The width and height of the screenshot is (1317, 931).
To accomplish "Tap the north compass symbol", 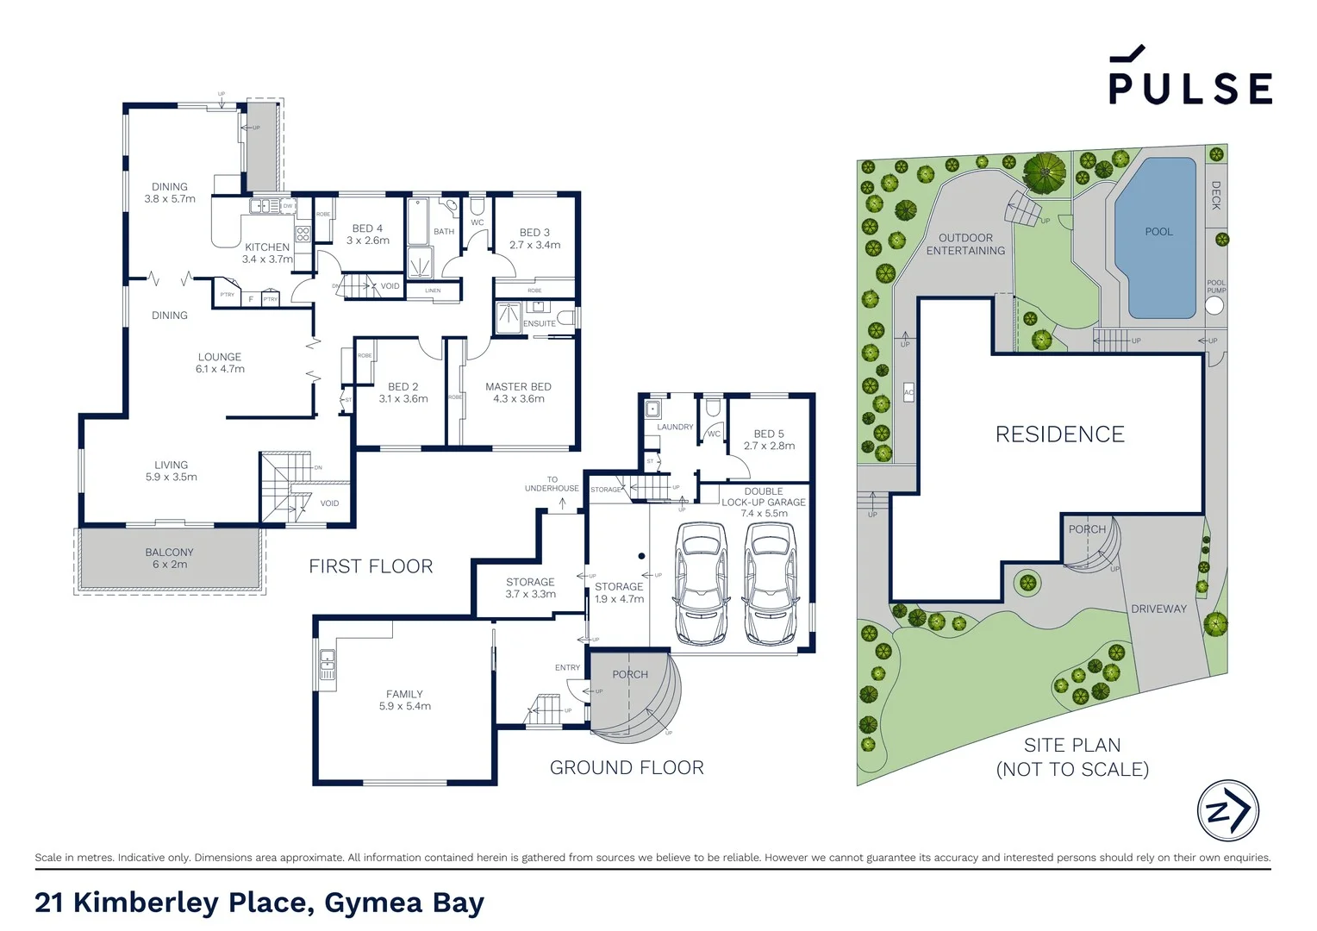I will pyautogui.click(x=1227, y=810).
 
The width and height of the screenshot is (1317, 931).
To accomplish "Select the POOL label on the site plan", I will pyautogui.click(x=1158, y=232).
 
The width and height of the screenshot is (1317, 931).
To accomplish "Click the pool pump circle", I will pyautogui.click(x=1214, y=305).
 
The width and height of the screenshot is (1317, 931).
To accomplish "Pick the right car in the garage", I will pyautogui.click(x=770, y=584).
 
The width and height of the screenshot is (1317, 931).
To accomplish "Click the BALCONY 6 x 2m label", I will pyautogui.click(x=170, y=559).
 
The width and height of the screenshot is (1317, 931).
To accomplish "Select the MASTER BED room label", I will pyautogui.click(x=518, y=392).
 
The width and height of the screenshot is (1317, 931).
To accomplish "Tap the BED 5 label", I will pyautogui.click(x=769, y=440).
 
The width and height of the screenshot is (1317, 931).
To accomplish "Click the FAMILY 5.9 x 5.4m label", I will pyautogui.click(x=404, y=700).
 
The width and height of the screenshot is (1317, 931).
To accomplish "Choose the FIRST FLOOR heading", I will pyautogui.click(x=371, y=566).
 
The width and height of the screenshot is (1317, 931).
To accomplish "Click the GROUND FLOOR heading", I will pyautogui.click(x=627, y=767).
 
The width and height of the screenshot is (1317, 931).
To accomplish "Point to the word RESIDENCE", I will pyautogui.click(x=1059, y=434).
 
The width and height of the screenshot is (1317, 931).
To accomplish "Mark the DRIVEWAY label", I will pyautogui.click(x=1158, y=609).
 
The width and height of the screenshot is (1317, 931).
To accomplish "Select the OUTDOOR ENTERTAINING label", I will pyautogui.click(x=965, y=244).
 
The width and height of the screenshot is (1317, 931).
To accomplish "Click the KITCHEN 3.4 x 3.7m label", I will pyautogui.click(x=267, y=253).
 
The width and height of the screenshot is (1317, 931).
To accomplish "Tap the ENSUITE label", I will pyautogui.click(x=540, y=324).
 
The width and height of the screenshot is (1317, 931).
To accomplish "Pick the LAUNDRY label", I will pyautogui.click(x=675, y=427).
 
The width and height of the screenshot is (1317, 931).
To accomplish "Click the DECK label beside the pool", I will pyautogui.click(x=1216, y=195).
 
